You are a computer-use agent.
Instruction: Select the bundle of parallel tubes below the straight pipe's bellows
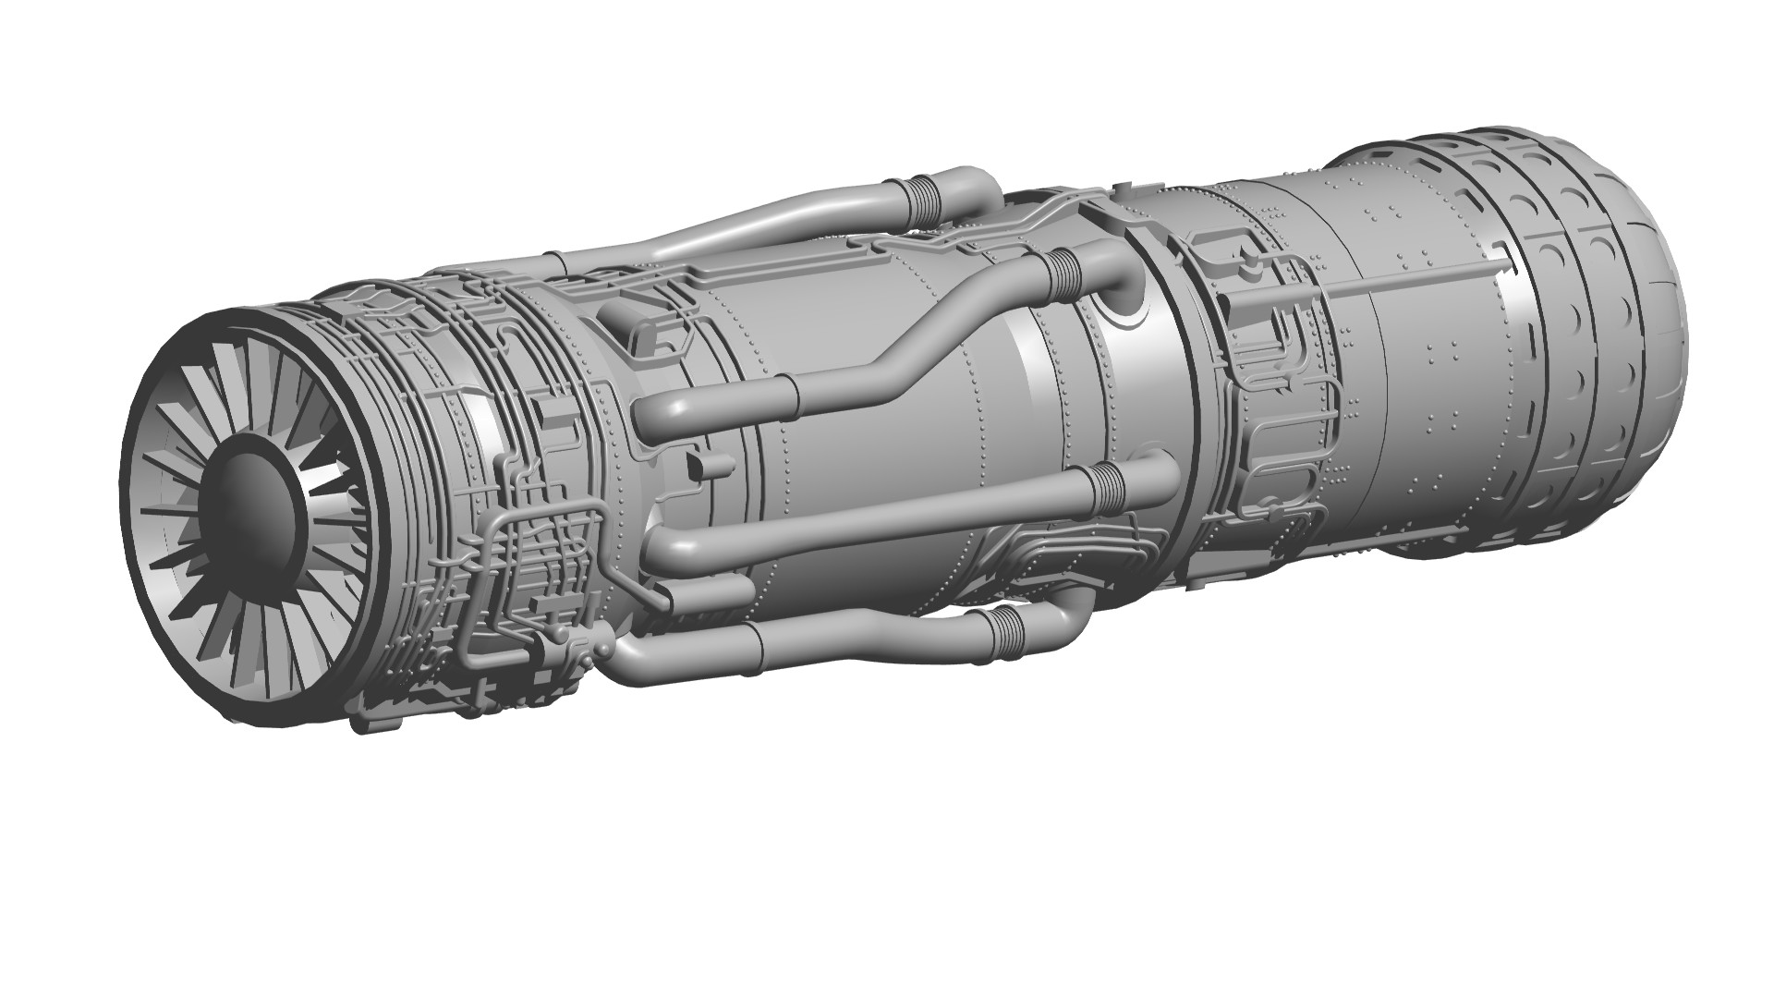click(1072, 554)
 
